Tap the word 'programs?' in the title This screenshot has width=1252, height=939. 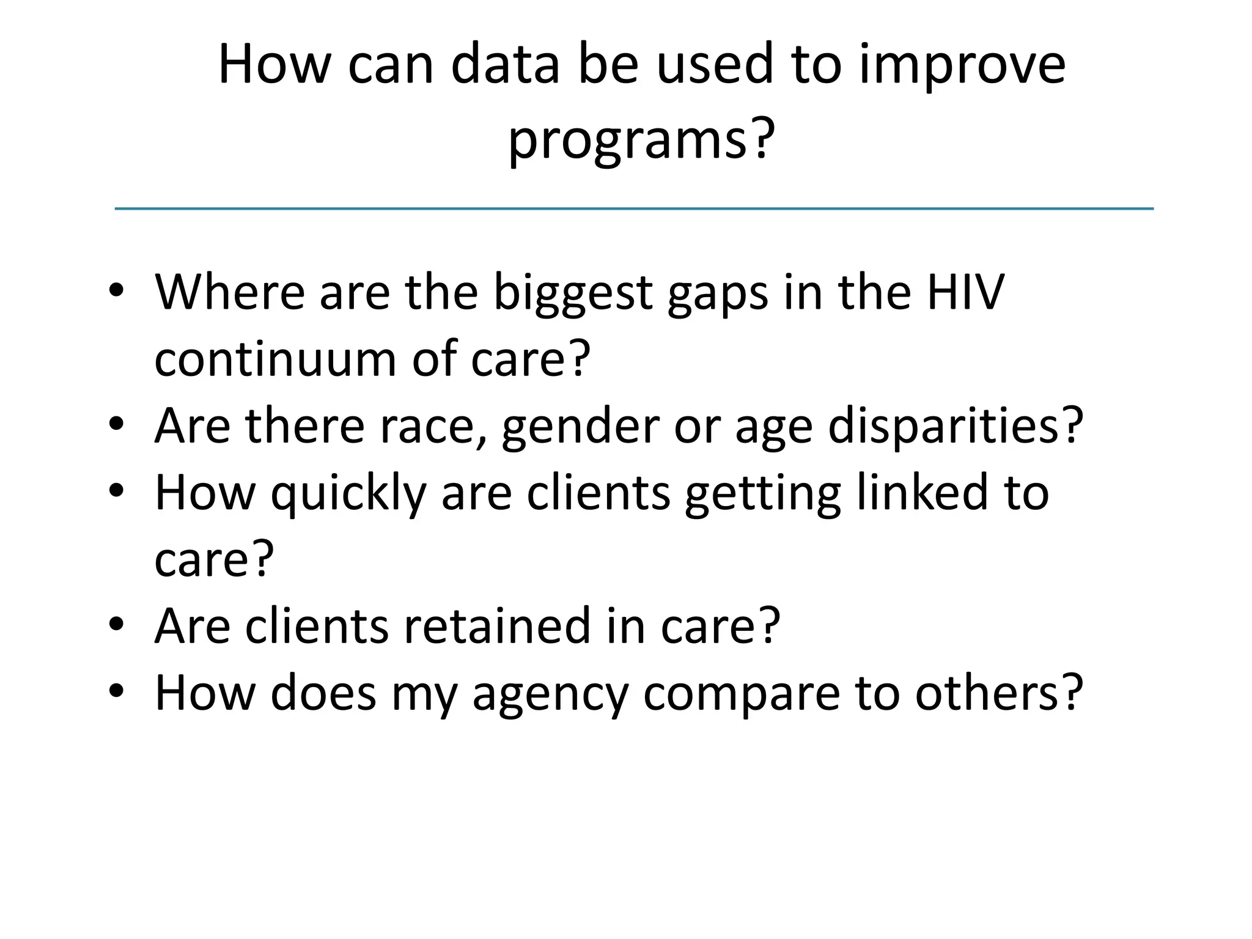click(641, 139)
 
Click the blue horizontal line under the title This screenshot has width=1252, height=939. click(634, 209)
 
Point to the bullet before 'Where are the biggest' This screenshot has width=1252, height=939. click(117, 292)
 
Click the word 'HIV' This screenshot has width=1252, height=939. click(965, 292)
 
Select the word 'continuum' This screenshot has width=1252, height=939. click(275, 358)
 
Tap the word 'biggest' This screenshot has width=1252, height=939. click(573, 292)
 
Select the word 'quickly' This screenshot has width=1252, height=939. click(348, 493)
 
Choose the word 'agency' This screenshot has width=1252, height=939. click(550, 693)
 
